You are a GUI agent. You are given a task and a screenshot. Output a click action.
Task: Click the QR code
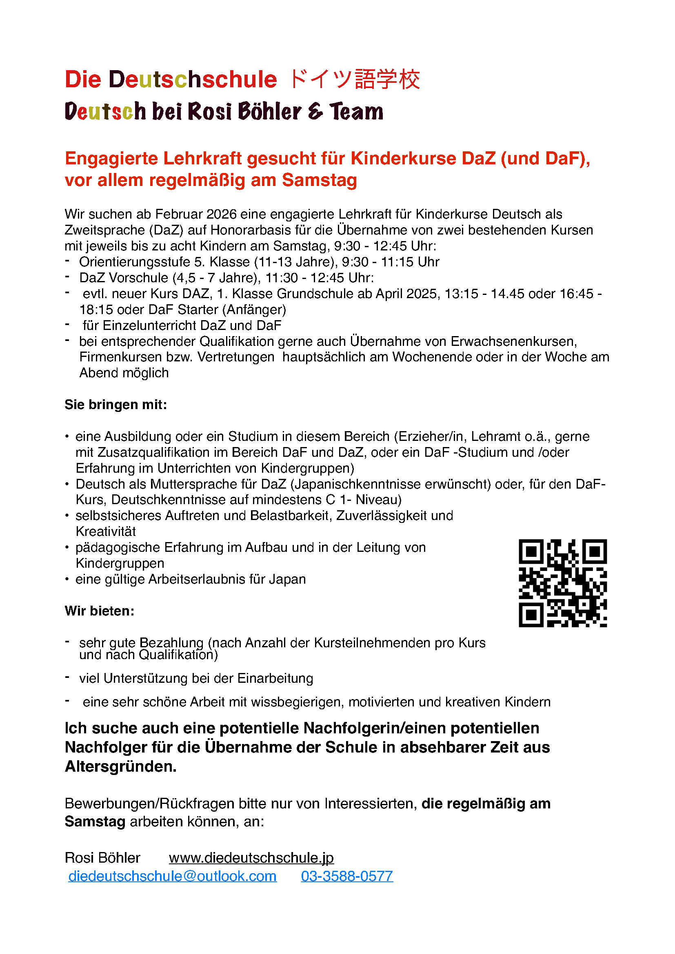pyautogui.click(x=562, y=583)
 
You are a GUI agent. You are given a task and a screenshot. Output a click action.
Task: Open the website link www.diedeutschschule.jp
pyautogui.click(x=251, y=858)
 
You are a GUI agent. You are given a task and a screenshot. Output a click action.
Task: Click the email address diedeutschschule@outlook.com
pyautogui.click(x=173, y=876)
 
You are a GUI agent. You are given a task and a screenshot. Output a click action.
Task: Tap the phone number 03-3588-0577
pyautogui.click(x=347, y=876)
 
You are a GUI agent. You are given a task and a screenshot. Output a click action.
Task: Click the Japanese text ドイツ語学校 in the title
pyautogui.click(x=354, y=80)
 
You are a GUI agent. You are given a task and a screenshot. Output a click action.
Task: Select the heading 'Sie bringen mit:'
pyautogui.click(x=115, y=405)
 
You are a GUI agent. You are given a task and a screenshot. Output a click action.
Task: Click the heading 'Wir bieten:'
pyautogui.click(x=99, y=611)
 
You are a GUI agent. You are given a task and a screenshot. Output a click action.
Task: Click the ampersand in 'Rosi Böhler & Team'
pyautogui.click(x=315, y=111)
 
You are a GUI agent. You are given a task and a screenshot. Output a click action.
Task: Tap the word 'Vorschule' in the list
pyautogui.click(x=140, y=278)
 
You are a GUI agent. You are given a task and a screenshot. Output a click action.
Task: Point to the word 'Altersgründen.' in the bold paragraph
pyautogui.click(x=120, y=767)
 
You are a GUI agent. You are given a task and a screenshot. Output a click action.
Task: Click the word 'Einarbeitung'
pyautogui.click(x=275, y=679)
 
